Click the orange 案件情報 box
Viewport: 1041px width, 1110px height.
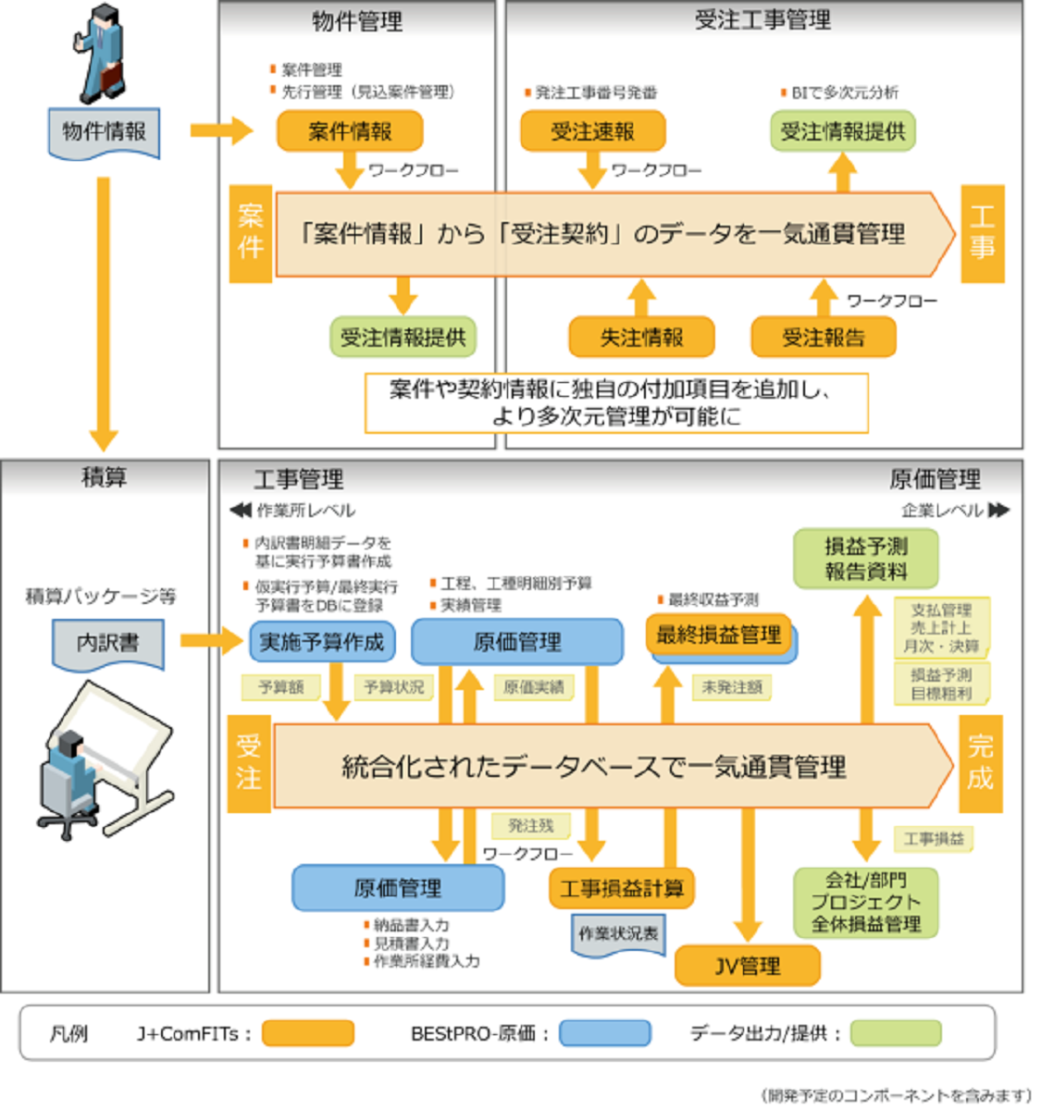(x=350, y=131)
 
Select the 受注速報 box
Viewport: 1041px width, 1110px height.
(x=592, y=131)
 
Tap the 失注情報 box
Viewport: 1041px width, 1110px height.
(x=641, y=338)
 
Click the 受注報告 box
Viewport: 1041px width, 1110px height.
(x=823, y=338)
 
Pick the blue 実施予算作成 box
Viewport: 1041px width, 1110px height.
(x=321, y=642)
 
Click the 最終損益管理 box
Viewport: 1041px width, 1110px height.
(x=718, y=635)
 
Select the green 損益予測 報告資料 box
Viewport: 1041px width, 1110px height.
(x=865, y=559)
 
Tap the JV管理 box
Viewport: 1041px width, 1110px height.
(x=747, y=966)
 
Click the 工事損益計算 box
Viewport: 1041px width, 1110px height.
(x=621, y=888)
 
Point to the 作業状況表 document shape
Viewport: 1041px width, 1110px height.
(x=618, y=934)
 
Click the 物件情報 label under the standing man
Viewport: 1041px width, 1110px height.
(x=104, y=132)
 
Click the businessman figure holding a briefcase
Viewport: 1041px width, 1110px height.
(x=100, y=54)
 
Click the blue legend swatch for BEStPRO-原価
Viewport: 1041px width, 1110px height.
(x=605, y=1033)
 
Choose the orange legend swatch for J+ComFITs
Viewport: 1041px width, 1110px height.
(x=307, y=1033)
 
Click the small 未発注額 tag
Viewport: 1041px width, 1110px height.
(x=731, y=687)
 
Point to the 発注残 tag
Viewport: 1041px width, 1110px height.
(x=530, y=825)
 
